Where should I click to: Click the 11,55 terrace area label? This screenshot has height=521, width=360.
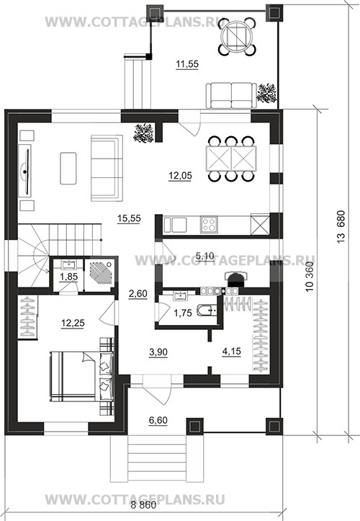tap(187, 63)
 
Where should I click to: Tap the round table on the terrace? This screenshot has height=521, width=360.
tap(237, 36)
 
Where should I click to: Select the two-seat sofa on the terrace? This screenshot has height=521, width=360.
tap(231, 96)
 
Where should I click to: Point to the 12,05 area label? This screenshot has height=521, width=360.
tap(180, 175)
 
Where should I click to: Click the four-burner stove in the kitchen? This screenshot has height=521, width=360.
tap(209, 224)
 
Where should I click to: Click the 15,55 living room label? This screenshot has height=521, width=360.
tap(129, 218)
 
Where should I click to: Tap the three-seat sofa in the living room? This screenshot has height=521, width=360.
tap(107, 168)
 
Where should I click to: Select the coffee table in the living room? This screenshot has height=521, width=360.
tap(68, 168)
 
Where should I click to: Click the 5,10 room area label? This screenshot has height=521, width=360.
tap(205, 256)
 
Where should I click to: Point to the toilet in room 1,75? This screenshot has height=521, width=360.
tap(207, 311)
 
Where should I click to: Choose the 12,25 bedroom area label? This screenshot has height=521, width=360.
tap(73, 323)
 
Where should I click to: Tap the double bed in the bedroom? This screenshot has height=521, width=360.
tap(81, 376)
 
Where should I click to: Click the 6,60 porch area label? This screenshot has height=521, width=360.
tap(158, 420)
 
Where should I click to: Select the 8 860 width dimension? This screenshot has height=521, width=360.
tap(143, 505)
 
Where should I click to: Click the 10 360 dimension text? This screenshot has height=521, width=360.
tap(310, 277)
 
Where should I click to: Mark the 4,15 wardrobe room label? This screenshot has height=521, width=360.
tap(231, 351)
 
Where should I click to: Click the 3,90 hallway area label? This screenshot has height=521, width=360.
tap(158, 352)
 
